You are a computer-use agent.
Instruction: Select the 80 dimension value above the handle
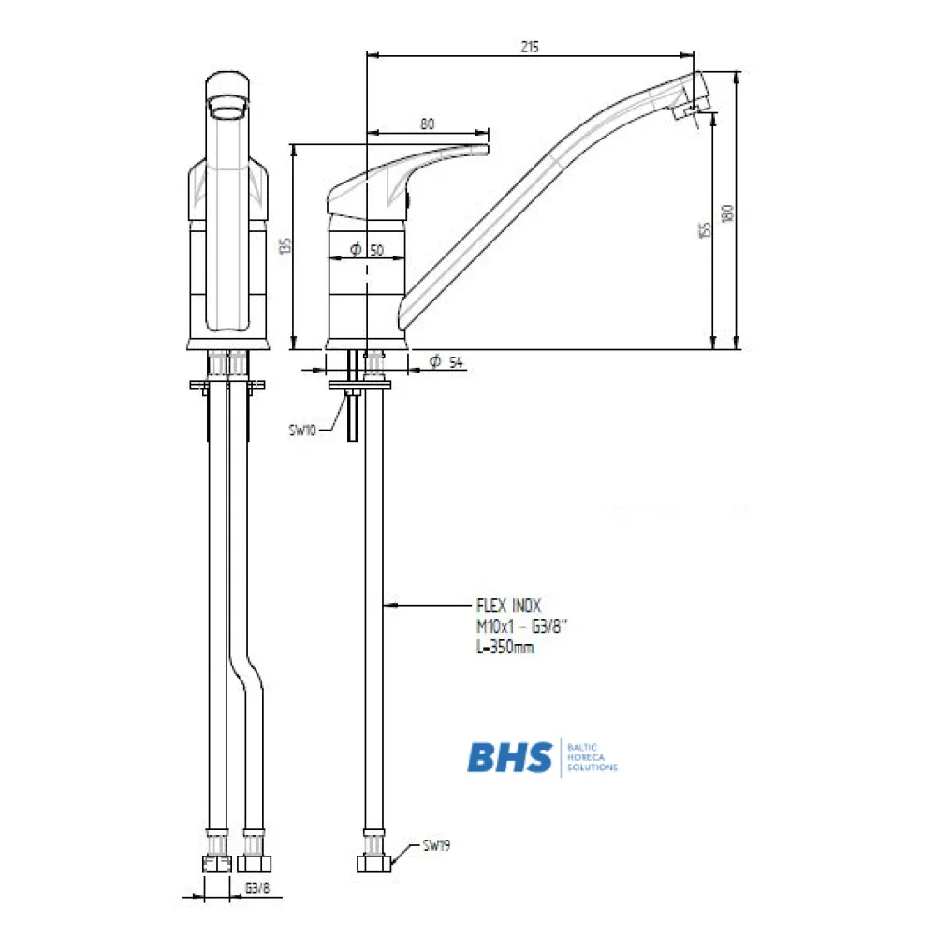428,123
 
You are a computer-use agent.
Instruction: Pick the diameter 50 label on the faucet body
367,250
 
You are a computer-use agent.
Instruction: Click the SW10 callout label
303,431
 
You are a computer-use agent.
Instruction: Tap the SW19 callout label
437,845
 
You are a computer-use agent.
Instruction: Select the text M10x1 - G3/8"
519,626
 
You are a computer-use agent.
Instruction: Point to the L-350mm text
505,646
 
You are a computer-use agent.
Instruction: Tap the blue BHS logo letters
510,755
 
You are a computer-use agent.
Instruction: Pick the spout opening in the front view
228,112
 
